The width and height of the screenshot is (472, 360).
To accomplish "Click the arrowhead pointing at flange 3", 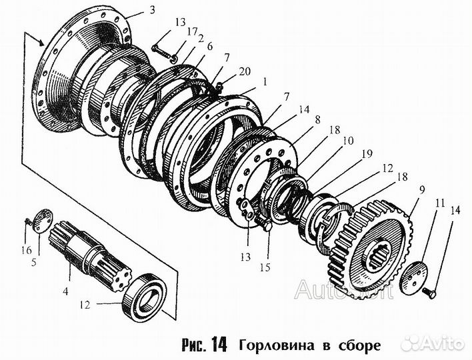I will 47,43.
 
